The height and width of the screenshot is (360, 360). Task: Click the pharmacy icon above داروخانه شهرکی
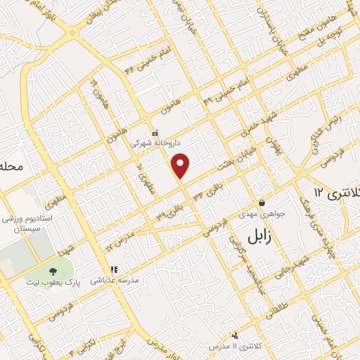tap(155, 131)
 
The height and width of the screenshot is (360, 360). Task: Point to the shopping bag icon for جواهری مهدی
tap(262, 183)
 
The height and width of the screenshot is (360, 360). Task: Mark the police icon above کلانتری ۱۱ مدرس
tap(236, 335)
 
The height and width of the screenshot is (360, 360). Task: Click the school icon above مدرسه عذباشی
tap(113, 269)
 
